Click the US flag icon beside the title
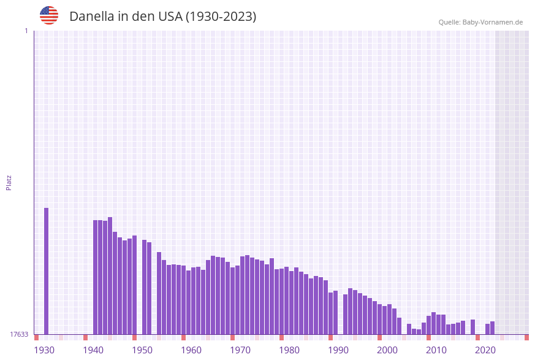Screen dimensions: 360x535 click(x=49, y=15)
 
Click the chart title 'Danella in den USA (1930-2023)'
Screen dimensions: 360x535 click(x=162, y=17)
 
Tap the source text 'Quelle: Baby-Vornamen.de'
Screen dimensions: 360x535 click(x=480, y=22)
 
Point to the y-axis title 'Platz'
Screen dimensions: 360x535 click(x=9, y=182)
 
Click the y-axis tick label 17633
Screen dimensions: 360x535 click(x=18, y=334)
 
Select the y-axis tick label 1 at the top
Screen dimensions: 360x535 click(x=26, y=31)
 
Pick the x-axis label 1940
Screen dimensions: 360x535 click(x=93, y=350)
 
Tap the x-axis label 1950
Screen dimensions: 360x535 click(x=142, y=350)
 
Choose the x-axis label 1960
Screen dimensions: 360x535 click(x=191, y=350)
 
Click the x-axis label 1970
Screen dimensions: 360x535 click(x=240, y=350)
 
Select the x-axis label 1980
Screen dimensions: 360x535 click(x=289, y=350)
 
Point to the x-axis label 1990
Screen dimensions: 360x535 click(x=338, y=350)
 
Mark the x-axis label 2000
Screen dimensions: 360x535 click(x=387, y=350)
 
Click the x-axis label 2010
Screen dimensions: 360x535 click(x=436, y=350)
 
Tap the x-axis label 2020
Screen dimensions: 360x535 click(x=485, y=350)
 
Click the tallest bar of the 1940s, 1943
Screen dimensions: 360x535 click(x=110, y=276)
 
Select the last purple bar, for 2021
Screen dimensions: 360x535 click(x=492, y=328)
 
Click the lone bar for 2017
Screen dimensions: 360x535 click(x=472, y=327)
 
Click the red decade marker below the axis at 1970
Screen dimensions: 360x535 click(x=232, y=337)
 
